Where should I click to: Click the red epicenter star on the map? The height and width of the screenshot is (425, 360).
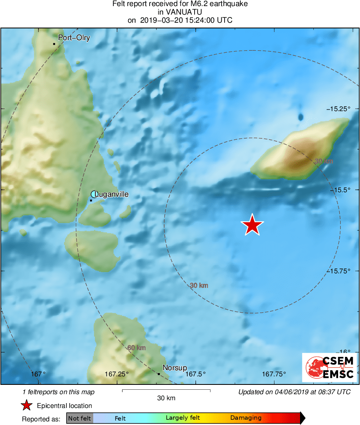click(x=252, y=225)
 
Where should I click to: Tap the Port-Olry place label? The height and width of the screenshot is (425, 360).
click(x=74, y=38)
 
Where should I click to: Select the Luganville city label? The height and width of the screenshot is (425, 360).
click(x=112, y=194)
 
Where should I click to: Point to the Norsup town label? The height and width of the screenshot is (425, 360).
click(x=175, y=368)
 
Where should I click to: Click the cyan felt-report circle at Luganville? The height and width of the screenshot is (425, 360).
click(x=94, y=194)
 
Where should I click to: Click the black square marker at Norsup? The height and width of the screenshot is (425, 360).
click(x=159, y=373)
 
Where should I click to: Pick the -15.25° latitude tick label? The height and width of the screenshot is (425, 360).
click(x=339, y=109)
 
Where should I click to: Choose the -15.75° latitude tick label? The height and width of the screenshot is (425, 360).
click(x=339, y=270)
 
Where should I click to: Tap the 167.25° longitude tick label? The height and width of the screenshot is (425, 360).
click(x=117, y=374)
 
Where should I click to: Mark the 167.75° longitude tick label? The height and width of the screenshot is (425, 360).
click(x=274, y=374)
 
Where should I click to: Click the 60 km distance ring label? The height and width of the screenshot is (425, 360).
click(x=136, y=348)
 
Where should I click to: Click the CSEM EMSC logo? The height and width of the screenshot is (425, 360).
click(x=329, y=367)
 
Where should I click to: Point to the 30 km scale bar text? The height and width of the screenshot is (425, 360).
click(x=166, y=398)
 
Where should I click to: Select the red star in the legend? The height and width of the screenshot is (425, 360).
click(x=26, y=405)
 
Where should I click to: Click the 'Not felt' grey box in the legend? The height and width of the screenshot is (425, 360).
click(x=79, y=418)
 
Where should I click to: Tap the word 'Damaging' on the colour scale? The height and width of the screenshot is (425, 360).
click(x=246, y=418)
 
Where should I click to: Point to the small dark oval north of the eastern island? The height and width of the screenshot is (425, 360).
click(x=300, y=117)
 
